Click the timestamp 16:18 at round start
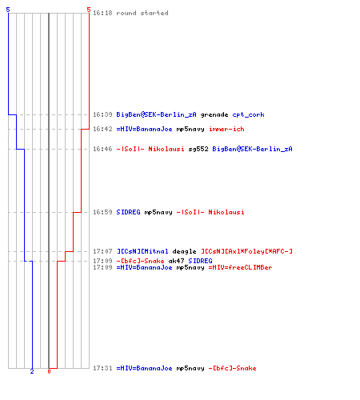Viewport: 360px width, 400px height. [x=102, y=13]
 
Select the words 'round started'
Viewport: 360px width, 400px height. [x=142, y=13]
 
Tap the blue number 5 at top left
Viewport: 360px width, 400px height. [x=8, y=10]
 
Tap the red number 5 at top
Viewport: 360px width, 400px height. [x=89, y=10]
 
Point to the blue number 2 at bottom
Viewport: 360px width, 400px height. [x=32, y=371]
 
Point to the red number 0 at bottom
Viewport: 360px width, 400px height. [x=49, y=371]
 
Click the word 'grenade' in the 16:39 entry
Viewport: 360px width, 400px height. [x=214, y=114]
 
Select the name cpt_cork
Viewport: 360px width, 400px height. [x=248, y=114]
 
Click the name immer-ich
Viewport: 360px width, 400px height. [x=226, y=129]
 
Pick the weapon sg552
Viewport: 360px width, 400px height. [x=198, y=149]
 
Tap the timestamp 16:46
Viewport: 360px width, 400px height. [x=102, y=149]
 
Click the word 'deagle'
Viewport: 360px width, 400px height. [x=184, y=251]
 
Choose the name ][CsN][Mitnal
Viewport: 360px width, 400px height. [x=142, y=251]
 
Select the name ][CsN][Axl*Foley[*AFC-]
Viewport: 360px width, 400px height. [x=246, y=251]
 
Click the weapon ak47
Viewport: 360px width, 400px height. [x=176, y=261]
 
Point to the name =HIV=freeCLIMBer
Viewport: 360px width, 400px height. [x=240, y=267]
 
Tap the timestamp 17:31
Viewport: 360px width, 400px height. [x=102, y=368]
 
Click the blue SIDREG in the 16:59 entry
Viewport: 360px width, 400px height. [x=128, y=212]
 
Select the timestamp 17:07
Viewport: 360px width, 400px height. [x=102, y=251]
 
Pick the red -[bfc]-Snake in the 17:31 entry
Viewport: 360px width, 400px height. [x=232, y=368]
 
